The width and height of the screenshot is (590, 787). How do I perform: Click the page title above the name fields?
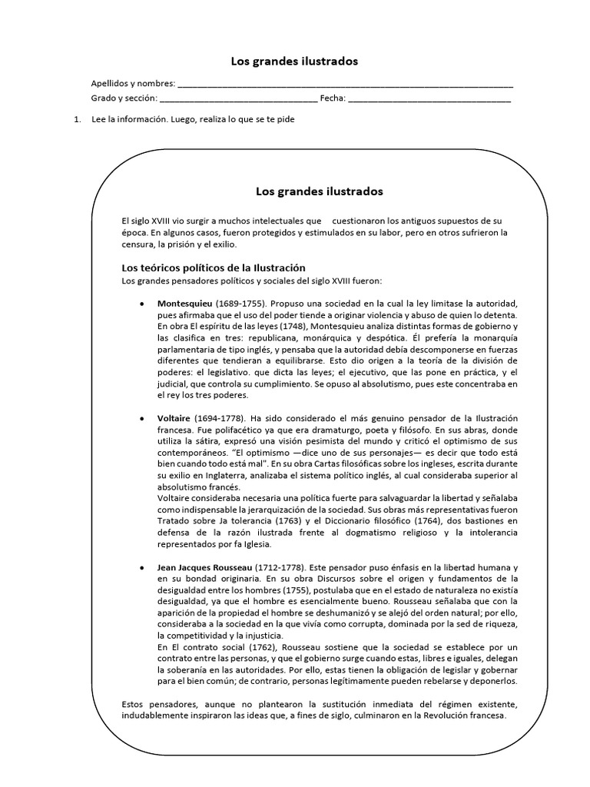click(x=295, y=61)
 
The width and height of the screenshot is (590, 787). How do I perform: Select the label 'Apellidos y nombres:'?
click(x=132, y=84)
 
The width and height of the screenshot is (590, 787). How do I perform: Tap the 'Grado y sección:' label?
click(x=124, y=98)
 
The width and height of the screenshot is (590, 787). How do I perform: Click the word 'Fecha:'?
click(x=333, y=98)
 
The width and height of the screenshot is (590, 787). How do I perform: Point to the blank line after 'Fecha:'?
click(x=429, y=100)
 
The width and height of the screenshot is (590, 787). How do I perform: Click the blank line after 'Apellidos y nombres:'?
click(x=345, y=85)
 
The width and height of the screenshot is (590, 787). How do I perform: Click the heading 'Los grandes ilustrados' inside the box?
click(x=319, y=190)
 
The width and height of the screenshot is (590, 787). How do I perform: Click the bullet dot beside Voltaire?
click(x=141, y=418)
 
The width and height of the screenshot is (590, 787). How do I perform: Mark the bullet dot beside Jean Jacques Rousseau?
click(x=141, y=567)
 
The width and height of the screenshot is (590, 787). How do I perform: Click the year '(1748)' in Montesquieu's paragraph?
click(x=294, y=325)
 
